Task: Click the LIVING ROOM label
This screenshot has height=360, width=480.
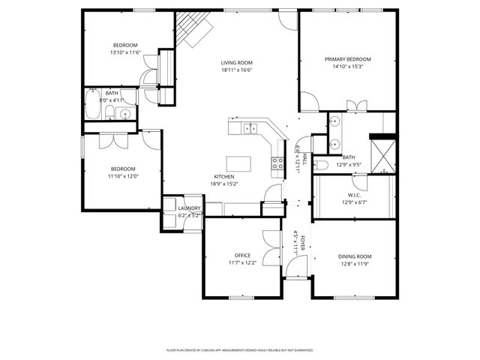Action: point(236,63)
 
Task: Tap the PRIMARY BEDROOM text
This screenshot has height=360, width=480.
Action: point(347,59)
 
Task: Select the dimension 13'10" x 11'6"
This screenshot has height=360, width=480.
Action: point(125,52)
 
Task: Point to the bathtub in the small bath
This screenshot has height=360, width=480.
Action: point(94,106)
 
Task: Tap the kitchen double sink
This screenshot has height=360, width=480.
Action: point(250,127)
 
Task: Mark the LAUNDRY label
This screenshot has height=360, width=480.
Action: point(189,208)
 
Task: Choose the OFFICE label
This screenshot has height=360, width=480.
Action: point(242,255)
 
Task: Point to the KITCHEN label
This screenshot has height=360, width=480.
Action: point(225,176)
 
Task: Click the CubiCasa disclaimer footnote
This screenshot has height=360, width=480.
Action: point(239,349)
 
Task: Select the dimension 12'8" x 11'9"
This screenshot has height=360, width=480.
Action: point(354,263)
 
